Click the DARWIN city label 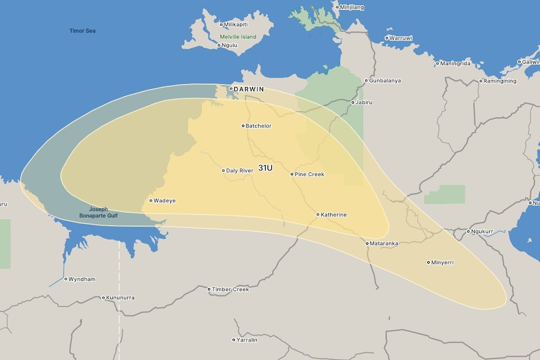pyautogui.click(x=249, y=90)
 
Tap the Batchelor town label pyautogui.click(x=259, y=126)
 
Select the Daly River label pyautogui.click(x=240, y=170)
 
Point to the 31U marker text pyautogui.click(x=266, y=168)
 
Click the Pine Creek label pyautogui.click(x=309, y=174)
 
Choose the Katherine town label pyautogui.click(x=334, y=215)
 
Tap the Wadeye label pyautogui.click(x=165, y=201)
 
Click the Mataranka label pyautogui.click(x=384, y=244)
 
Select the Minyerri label pyautogui.click(x=442, y=262)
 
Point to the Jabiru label pyautogui.click(x=365, y=102)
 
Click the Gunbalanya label pyautogui.click(x=385, y=81)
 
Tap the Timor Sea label pyautogui.click(x=82, y=31)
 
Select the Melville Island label pyautogui.click(x=238, y=37)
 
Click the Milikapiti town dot pyautogui.click(x=221, y=24)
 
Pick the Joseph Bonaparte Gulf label pyautogui.click(x=99, y=212)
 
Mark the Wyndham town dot pyautogui.click(x=65, y=279)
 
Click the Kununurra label pyautogui.click(x=120, y=297)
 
